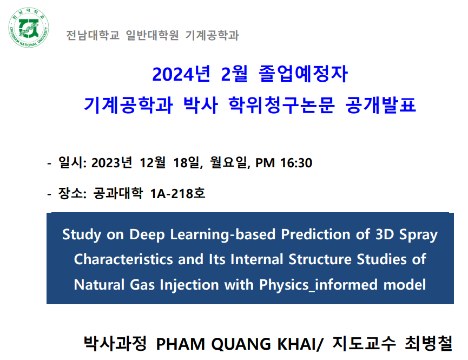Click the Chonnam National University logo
[29, 28]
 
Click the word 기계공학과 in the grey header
[212, 35]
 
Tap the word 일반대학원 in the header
[152, 35]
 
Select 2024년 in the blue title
[181, 74]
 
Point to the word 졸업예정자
[303, 74]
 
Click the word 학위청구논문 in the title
[281, 105]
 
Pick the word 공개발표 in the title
[380, 105]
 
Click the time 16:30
[296, 163]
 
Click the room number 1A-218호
[178, 194]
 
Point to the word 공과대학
[118, 193]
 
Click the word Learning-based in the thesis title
[223, 234]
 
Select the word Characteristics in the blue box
[123, 259]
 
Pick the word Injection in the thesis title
[189, 285]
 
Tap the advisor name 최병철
[429, 343]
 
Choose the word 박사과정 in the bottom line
[115, 343]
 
